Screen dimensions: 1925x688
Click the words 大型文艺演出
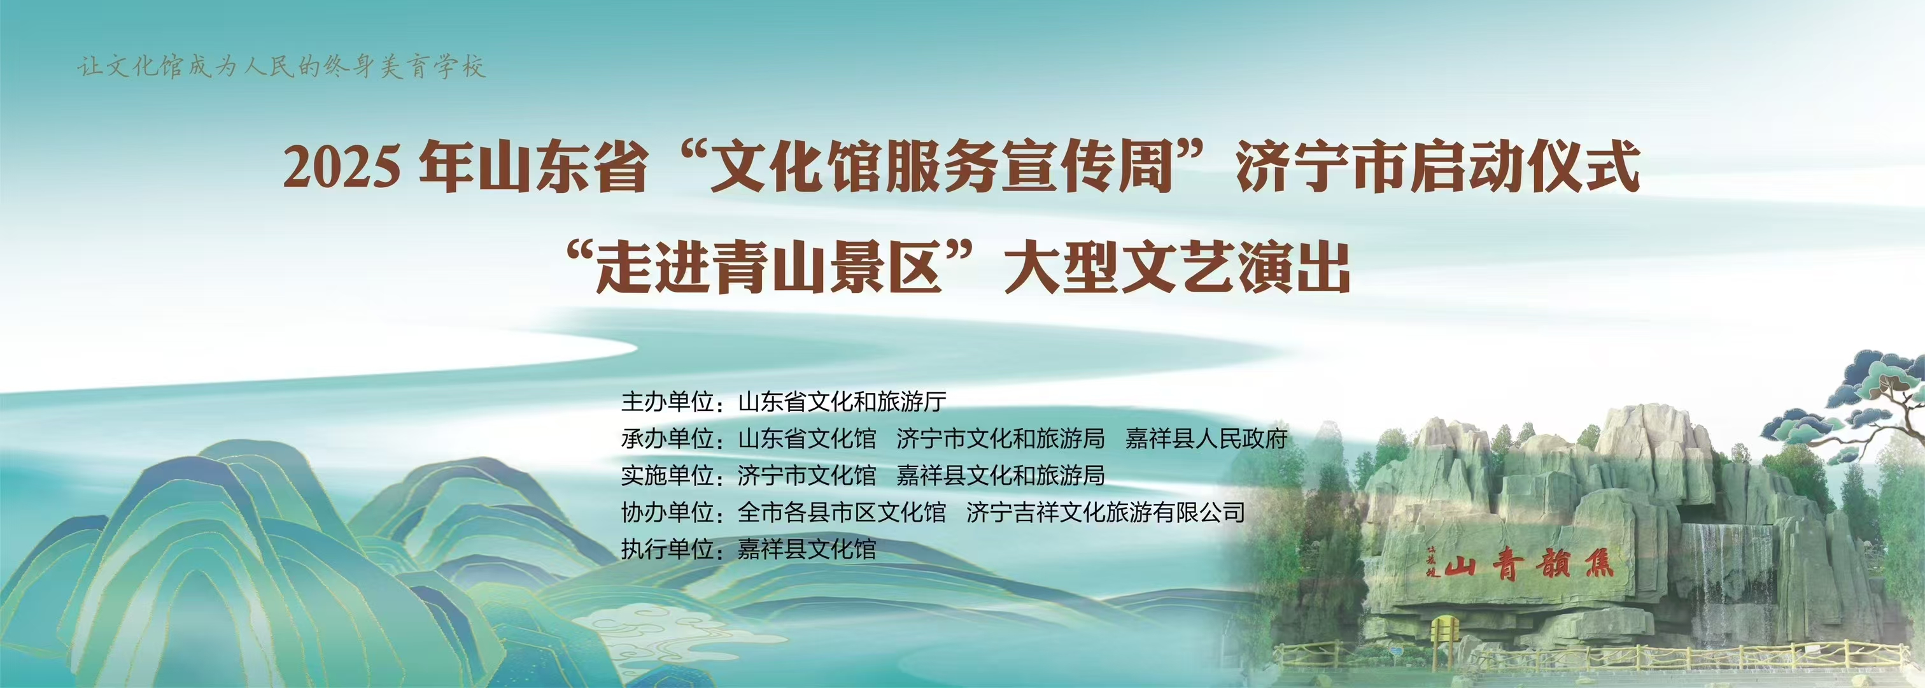[1177, 267]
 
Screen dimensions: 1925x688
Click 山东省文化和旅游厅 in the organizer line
[842, 403]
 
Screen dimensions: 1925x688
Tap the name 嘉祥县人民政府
[1206, 439]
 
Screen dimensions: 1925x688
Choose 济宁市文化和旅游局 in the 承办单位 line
[1001, 439]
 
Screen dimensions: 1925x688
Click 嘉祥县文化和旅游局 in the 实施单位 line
[1001, 476]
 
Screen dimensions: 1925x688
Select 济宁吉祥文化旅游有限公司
[1105, 512]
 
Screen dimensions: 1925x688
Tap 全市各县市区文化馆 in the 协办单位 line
[842, 512]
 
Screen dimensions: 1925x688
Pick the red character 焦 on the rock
[1597, 563]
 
